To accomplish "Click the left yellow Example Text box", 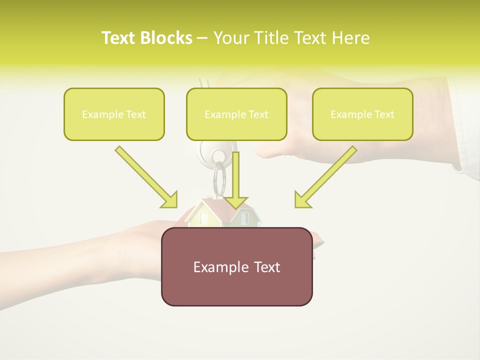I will point(114,114).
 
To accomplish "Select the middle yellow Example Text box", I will point(236,114).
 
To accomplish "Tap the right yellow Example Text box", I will point(362,114).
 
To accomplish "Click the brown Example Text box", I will point(236,266).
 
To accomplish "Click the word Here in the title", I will point(350,38).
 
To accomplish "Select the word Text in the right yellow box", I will point(383,114).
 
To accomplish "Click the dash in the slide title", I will point(202,38).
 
